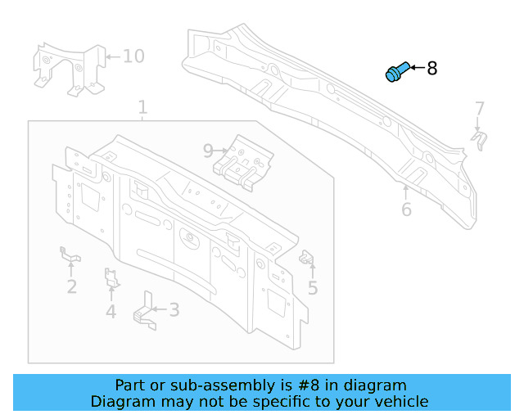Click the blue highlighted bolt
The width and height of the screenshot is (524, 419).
tap(395, 73)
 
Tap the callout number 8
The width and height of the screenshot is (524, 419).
tap(432, 69)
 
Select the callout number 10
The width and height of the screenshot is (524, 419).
tap(133, 56)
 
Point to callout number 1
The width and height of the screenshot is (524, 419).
tap(142, 107)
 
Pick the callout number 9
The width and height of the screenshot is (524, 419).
tap(208, 150)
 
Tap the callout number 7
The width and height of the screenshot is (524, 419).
tap(480, 108)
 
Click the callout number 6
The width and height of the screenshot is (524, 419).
tap(406, 209)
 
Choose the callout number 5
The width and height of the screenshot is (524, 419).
tap(313, 287)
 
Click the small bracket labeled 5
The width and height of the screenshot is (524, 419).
tap(309, 259)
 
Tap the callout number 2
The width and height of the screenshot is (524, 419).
tap(72, 286)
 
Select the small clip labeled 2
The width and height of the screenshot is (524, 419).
tap(70, 256)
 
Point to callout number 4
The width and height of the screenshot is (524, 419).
tap(111, 311)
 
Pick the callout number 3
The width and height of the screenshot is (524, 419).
tap(174, 309)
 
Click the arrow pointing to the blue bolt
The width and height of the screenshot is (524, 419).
tap(414, 68)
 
